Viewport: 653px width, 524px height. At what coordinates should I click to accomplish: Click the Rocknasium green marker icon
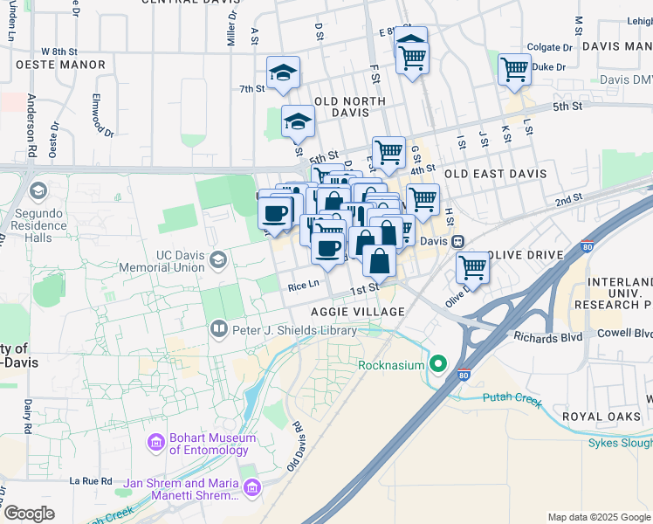pyautogui.click(x=440, y=364)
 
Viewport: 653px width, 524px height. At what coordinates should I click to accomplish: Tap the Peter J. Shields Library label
pyautogui.click(x=294, y=330)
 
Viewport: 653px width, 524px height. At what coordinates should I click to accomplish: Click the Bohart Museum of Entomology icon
pyautogui.click(x=157, y=444)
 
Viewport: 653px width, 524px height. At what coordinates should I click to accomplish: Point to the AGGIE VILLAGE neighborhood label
pyautogui.click(x=358, y=312)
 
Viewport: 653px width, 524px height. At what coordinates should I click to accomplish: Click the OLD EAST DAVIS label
pyautogui.click(x=495, y=174)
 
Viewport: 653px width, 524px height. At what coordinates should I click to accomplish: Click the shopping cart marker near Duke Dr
pyautogui.click(x=514, y=69)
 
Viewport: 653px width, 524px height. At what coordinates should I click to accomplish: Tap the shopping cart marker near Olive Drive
pyautogui.click(x=472, y=266)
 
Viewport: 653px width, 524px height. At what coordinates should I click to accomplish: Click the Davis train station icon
pyautogui.click(x=456, y=241)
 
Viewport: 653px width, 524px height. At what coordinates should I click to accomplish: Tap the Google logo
pyautogui.click(x=29, y=514)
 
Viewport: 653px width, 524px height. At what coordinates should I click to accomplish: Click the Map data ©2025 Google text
pyautogui.click(x=599, y=517)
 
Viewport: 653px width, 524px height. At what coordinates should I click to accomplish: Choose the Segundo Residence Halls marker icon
pyautogui.click(x=38, y=190)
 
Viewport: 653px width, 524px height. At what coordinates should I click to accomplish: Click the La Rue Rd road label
pyautogui.click(x=92, y=480)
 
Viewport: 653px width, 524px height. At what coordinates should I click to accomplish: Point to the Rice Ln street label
pyautogui.click(x=303, y=284)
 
